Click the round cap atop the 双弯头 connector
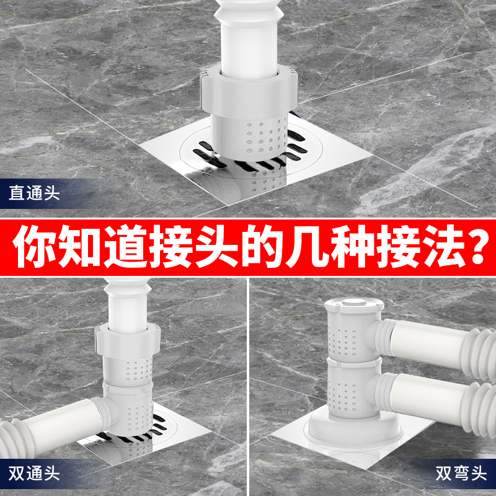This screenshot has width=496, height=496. coord(351,303)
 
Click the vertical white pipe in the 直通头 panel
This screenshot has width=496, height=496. coord(249,37)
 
